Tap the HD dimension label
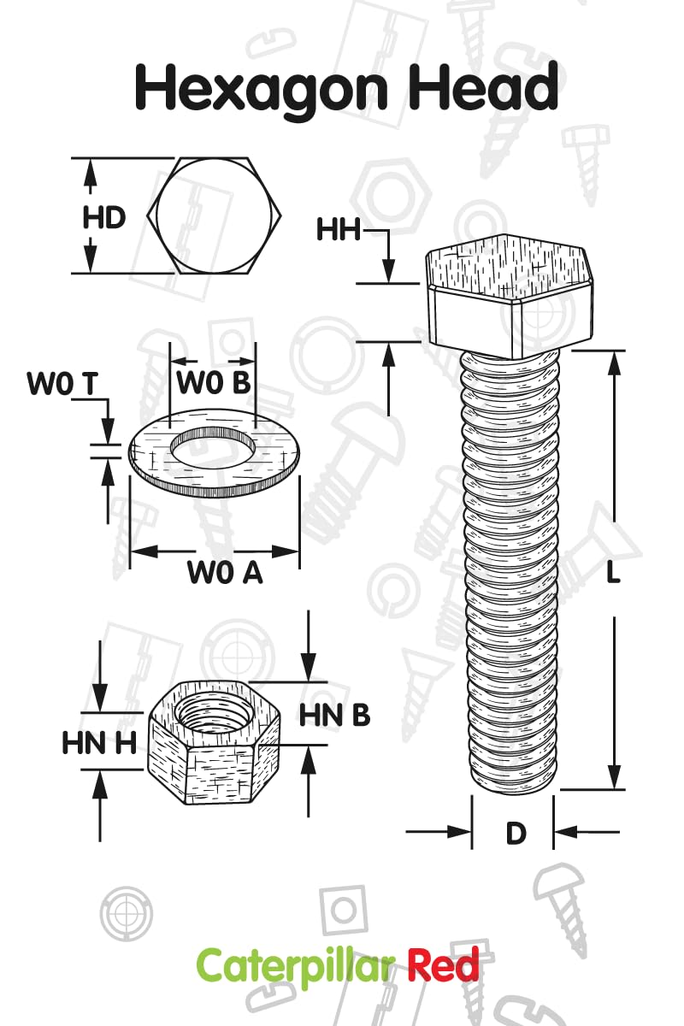103,217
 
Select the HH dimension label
339,230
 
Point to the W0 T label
62,385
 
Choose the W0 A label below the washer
225,573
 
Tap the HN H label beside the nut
99,743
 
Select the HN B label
334,715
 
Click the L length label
612,573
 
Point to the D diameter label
516,834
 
